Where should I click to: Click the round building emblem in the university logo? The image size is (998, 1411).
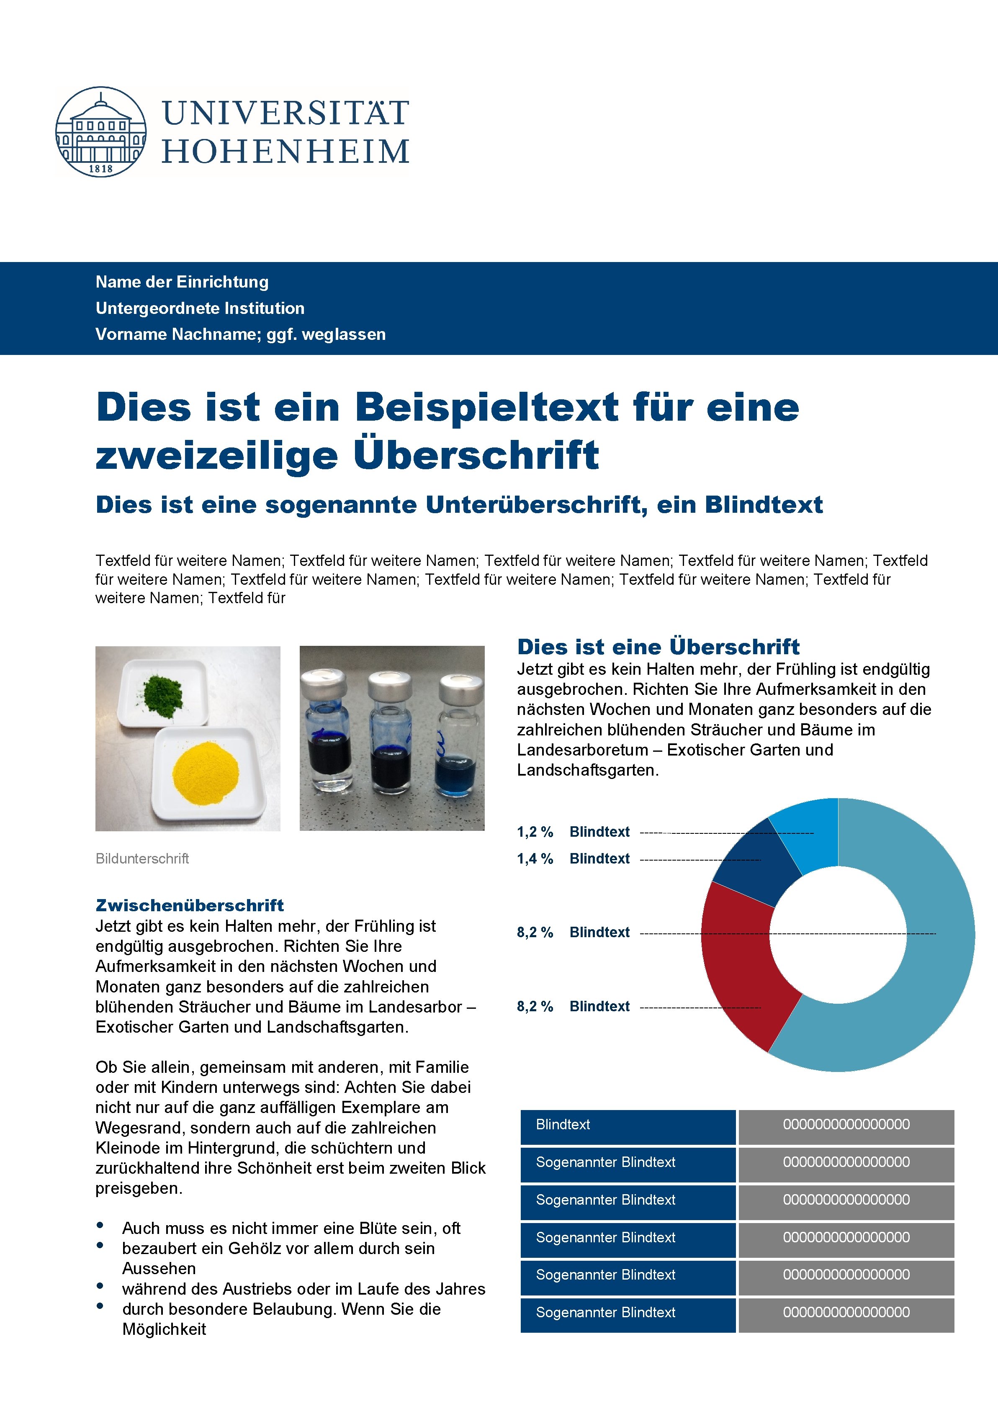pyautogui.click(x=101, y=131)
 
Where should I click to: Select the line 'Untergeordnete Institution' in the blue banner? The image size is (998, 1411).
pyautogui.click(x=200, y=308)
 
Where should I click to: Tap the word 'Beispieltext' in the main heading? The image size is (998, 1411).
pyautogui.click(x=487, y=407)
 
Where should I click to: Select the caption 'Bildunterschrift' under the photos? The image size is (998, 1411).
pyautogui.click(x=142, y=858)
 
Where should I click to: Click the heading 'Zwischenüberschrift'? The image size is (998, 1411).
pyautogui.click(x=189, y=905)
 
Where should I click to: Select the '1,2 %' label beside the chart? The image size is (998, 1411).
pyautogui.click(x=535, y=832)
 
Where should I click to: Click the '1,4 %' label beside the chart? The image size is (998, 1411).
pyautogui.click(x=535, y=858)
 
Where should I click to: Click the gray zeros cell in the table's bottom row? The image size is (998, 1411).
pyautogui.click(x=846, y=1312)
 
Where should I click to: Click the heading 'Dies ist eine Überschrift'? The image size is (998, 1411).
pyautogui.click(x=658, y=647)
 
